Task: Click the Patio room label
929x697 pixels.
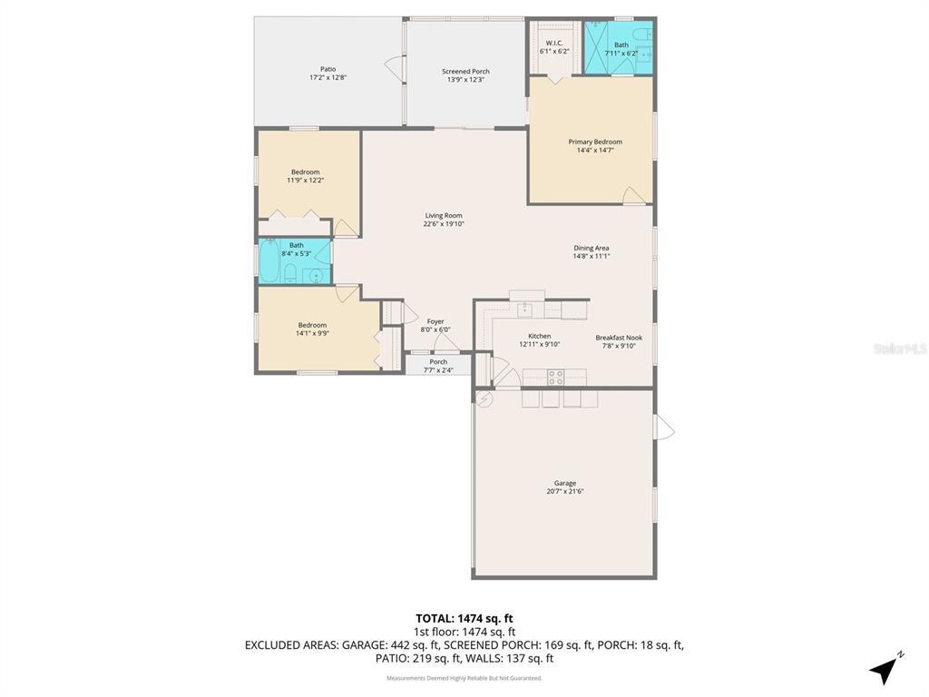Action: point(328,73)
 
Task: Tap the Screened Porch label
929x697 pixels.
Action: point(465,75)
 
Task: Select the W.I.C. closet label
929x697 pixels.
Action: point(554,47)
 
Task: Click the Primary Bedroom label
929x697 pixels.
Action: point(595,146)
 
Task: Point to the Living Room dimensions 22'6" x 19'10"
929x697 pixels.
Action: point(444,224)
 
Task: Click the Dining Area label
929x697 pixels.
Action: point(591,251)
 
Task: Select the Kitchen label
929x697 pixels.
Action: point(539,340)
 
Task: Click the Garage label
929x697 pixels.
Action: point(564,487)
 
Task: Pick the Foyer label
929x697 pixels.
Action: point(435,325)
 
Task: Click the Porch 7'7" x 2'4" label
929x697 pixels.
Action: point(438,366)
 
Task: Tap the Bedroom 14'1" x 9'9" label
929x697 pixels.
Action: point(312,329)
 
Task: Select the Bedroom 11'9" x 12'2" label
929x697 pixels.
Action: point(305,176)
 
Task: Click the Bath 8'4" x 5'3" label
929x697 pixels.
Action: point(297,250)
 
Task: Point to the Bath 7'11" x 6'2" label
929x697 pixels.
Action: point(621,49)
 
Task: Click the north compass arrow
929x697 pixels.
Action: point(885,669)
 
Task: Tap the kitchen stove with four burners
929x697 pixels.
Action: point(554,375)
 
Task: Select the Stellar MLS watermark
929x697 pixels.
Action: point(899,348)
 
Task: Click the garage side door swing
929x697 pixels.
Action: point(664,426)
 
